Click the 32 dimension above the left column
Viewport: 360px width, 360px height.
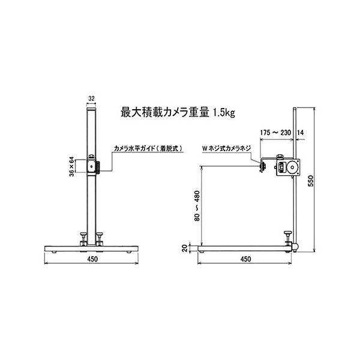[x=91, y=98]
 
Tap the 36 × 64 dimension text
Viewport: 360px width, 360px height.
[x=71, y=166]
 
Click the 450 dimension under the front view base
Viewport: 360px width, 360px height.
[x=92, y=259]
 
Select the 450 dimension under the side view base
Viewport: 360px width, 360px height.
[x=245, y=259]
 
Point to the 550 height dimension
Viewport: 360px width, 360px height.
[x=311, y=181]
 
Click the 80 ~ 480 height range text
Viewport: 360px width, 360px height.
[x=197, y=206]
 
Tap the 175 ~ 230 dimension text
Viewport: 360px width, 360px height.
[x=275, y=133]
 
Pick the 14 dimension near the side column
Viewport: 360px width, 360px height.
[x=301, y=133]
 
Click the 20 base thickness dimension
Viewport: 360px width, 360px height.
[x=185, y=248]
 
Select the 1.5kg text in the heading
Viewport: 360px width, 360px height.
[x=224, y=113]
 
